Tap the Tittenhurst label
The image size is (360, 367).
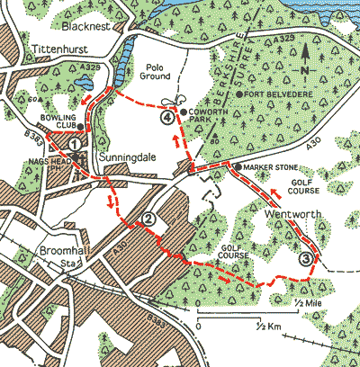click(x=56, y=49)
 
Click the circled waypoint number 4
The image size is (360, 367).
click(x=166, y=116)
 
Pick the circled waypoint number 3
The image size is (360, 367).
click(x=307, y=258)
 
